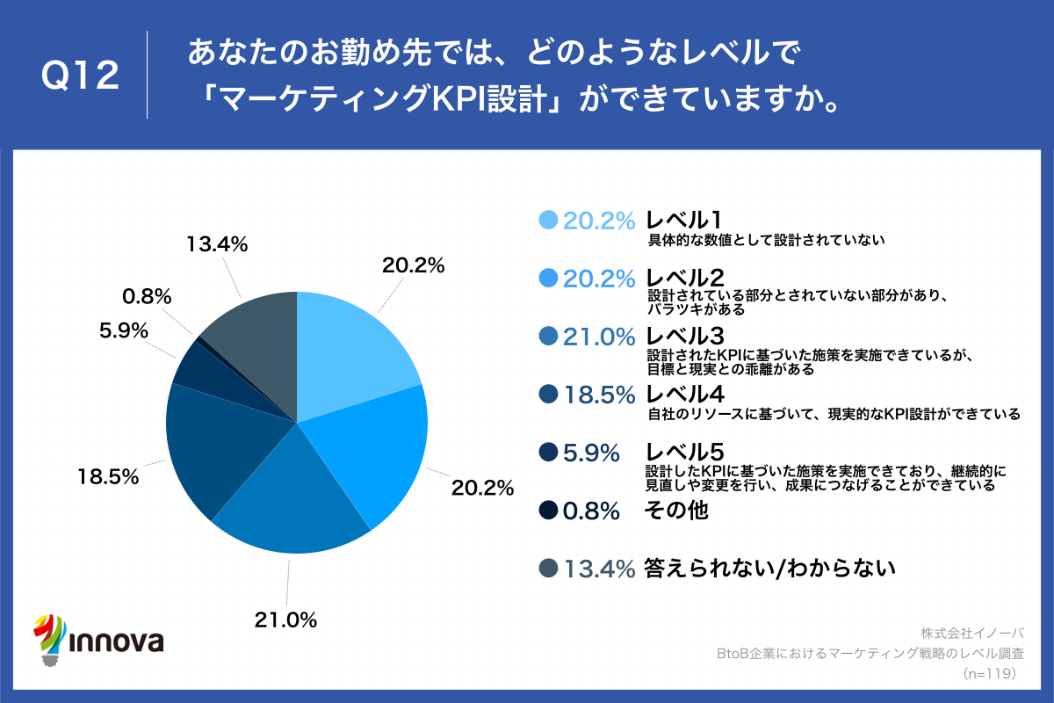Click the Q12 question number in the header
pos(80,76)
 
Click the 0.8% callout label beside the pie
pos(147,296)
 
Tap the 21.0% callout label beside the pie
pos(285,620)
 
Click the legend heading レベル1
pos(684,221)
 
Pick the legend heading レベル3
pos(684,336)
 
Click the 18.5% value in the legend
pos(598,395)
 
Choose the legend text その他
pos(676,510)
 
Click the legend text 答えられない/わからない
pos(769,569)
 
